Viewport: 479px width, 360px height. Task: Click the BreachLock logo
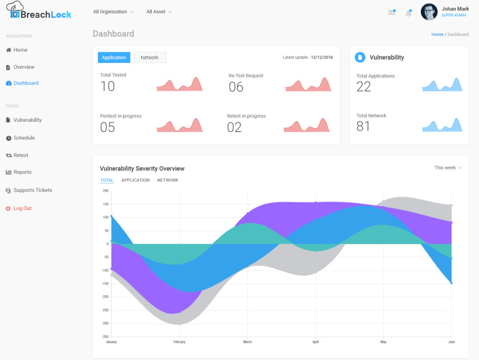(x=39, y=12)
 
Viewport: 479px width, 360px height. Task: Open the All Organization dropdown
(x=113, y=12)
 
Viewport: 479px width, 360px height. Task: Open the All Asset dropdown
(x=159, y=12)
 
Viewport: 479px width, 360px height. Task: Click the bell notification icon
(x=409, y=13)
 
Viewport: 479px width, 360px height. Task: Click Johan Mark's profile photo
(x=429, y=12)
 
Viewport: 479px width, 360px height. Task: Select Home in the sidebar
(x=20, y=50)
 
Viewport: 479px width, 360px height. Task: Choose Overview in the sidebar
(x=24, y=67)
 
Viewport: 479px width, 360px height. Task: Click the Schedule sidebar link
(x=24, y=138)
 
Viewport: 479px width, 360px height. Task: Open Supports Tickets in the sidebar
(x=32, y=190)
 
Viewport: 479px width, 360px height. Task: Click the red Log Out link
(x=22, y=208)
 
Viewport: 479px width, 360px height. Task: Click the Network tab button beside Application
(x=149, y=58)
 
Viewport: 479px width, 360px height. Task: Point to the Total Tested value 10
(x=107, y=86)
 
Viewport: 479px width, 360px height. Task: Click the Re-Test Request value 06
(x=236, y=87)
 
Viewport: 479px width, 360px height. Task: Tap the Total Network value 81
(x=363, y=127)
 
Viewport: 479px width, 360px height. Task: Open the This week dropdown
(x=447, y=168)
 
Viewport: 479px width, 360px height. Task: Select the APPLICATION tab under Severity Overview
(x=135, y=180)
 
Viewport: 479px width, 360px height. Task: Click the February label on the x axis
(x=179, y=342)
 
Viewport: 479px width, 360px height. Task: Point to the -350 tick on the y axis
(x=105, y=337)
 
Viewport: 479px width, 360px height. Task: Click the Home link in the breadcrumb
(x=437, y=34)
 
